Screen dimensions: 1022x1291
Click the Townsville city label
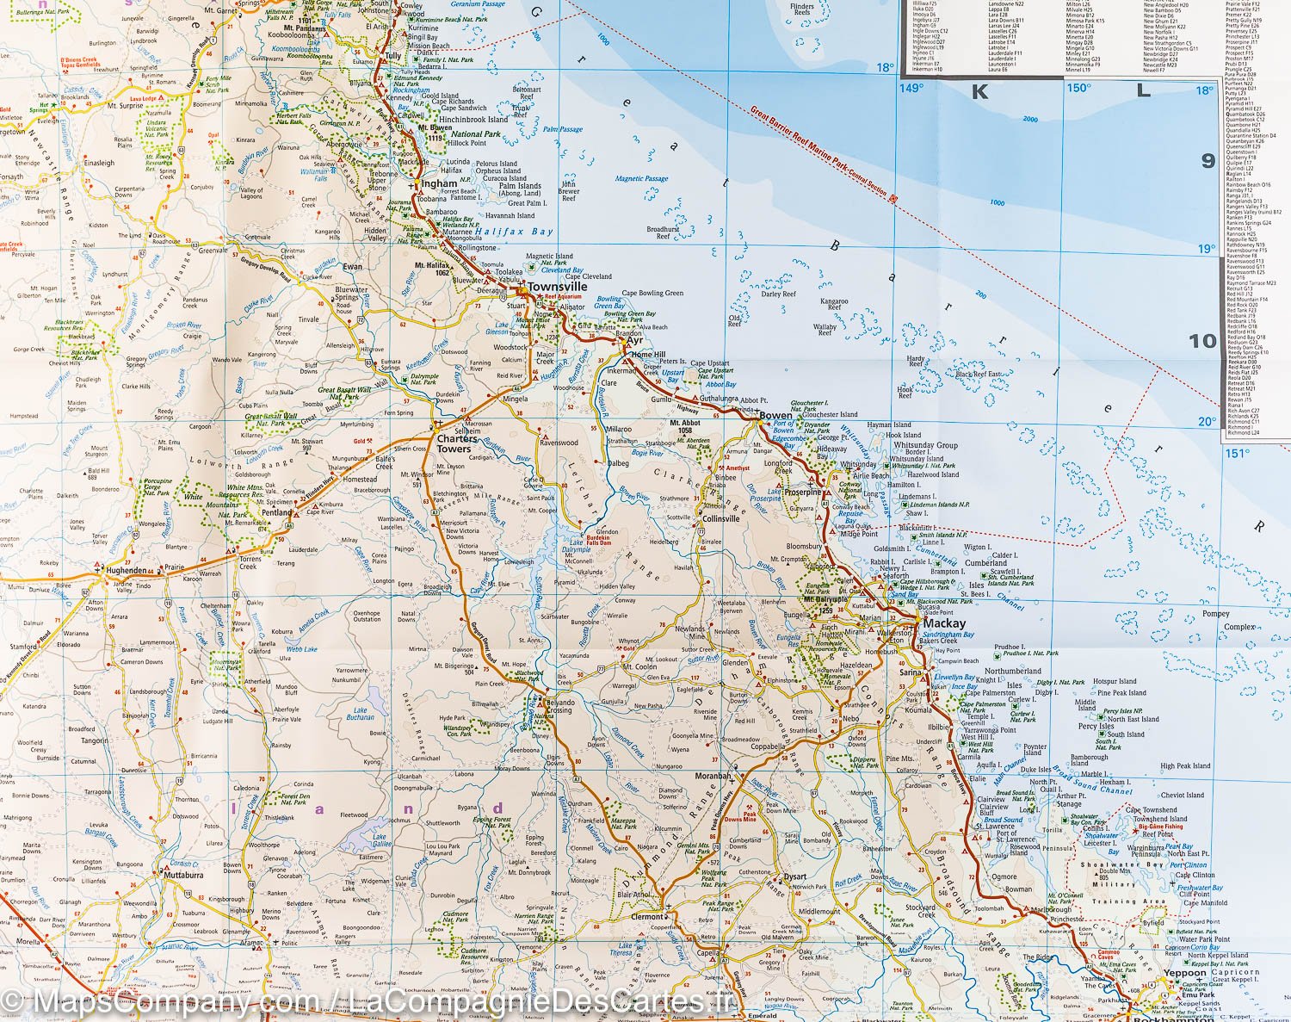point(557,287)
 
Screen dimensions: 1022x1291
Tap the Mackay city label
point(943,622)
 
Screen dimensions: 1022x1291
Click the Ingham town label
point(439,183)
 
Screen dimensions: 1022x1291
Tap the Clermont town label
point(648,917)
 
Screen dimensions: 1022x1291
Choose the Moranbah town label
point(713,776)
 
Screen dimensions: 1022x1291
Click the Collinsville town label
point(720,519)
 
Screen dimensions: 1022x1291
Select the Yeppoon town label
point(1185,973)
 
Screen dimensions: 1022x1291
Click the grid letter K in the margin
point(979,92)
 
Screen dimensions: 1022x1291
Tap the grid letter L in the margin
point(1143,91)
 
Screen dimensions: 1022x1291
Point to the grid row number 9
point(1208,161)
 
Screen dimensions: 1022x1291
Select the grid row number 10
point(1202,341)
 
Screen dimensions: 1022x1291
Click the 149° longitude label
point(911,88)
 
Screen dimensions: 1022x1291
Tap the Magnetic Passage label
point(641,179)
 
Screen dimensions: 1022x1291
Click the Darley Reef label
point(778,294)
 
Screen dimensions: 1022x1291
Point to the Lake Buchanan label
point(360,714)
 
